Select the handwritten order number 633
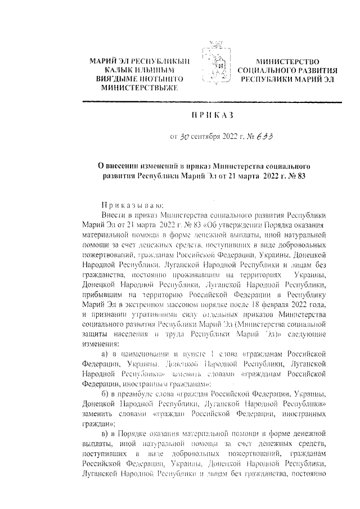click(258, 136)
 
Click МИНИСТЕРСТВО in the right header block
click(287, 61)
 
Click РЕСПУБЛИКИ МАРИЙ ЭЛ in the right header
click(287, 79)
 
